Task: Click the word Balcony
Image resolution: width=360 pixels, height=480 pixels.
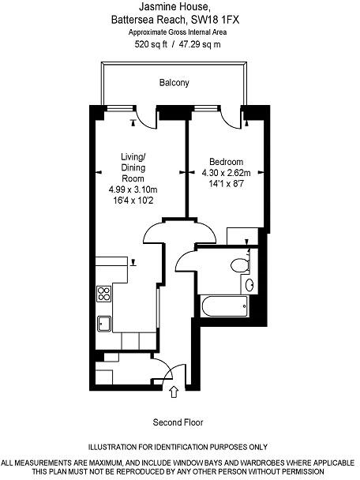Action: (x=174, y=82)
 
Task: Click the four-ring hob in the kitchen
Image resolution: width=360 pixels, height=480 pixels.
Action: (x=103, y=294)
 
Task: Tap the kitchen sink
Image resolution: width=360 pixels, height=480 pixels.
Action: (x=103, y=322)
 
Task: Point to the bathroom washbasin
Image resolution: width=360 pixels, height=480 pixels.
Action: (x=250, y=285)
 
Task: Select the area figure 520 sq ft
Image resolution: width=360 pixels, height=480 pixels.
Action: (x=153, y=45)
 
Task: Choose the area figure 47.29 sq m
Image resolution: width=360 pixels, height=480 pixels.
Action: (x=201, y=45)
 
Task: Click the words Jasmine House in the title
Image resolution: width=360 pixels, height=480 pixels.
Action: (x=179, y=7)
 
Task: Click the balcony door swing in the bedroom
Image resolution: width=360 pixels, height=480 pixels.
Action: (x=230, y=118)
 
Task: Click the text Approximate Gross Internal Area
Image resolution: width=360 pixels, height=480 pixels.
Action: (x=178, y=32)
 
